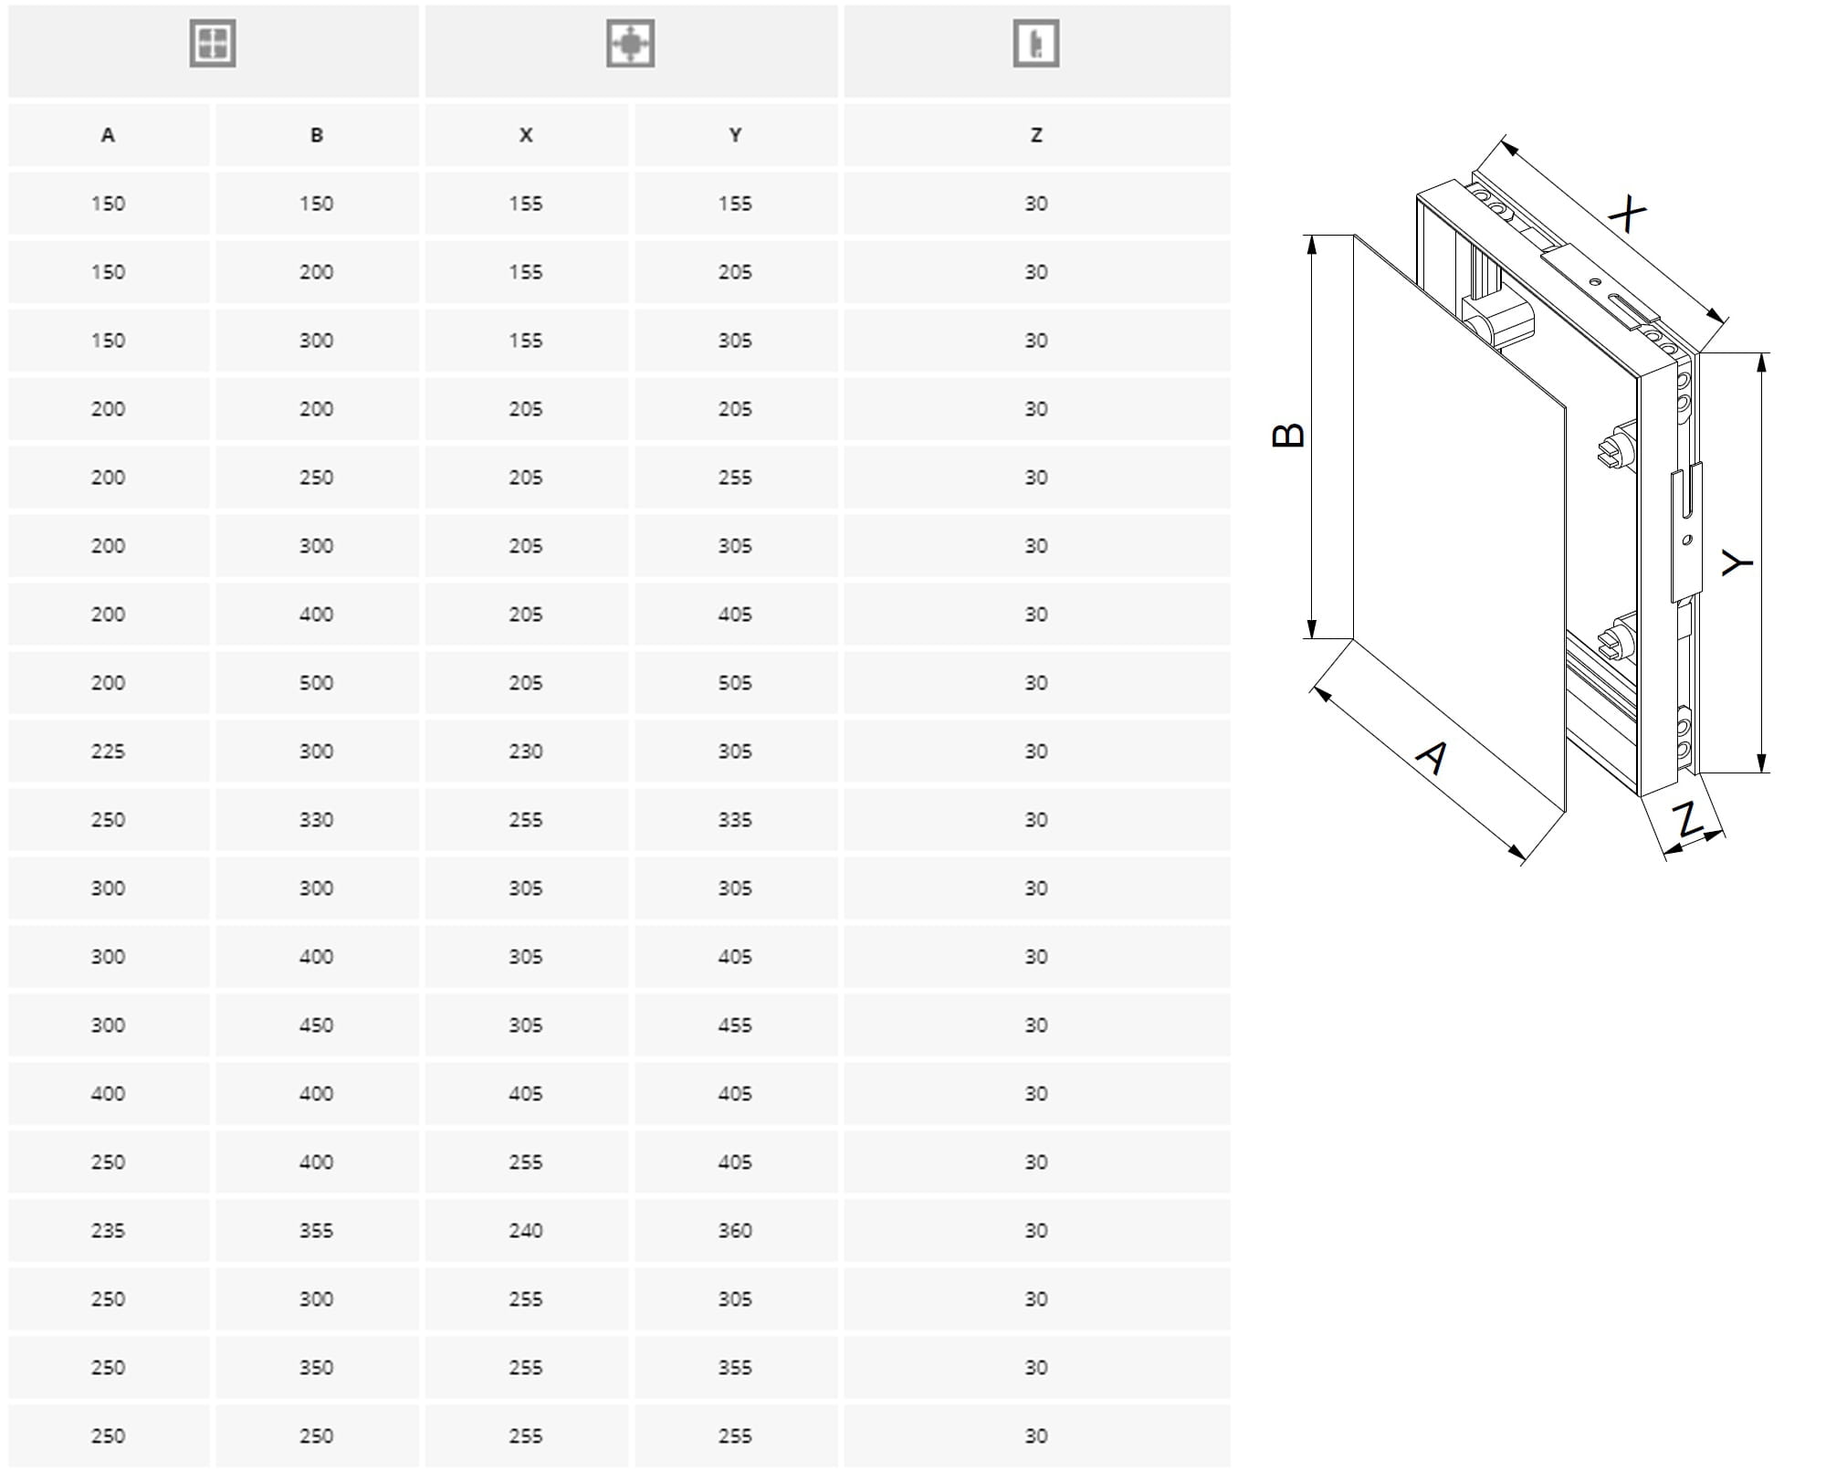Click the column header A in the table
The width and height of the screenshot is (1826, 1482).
(108, 135)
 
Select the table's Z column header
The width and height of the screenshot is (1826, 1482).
(1036, 135)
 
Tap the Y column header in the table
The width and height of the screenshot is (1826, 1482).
(735, 135)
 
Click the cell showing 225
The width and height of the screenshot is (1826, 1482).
(108, 752)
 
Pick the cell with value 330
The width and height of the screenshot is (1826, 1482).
(316, 820)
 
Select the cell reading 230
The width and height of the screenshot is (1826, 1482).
(526, 752)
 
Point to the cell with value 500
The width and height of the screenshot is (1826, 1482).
(316, 683)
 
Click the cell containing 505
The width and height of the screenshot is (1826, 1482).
(735, 683)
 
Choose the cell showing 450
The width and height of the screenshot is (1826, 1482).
(316, 1025)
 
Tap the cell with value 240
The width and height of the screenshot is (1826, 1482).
(526, 1231)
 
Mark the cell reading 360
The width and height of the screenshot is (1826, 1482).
(735, 1231)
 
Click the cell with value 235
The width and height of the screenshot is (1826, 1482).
(108, 1231)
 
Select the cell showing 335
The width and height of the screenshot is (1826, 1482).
(735, 820)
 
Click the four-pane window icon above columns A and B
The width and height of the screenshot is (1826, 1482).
(213, 44)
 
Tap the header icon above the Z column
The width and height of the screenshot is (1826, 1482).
(1036, 44)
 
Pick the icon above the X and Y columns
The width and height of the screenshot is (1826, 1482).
(631, 44)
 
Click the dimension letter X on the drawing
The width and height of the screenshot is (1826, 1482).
(1627, 215)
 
